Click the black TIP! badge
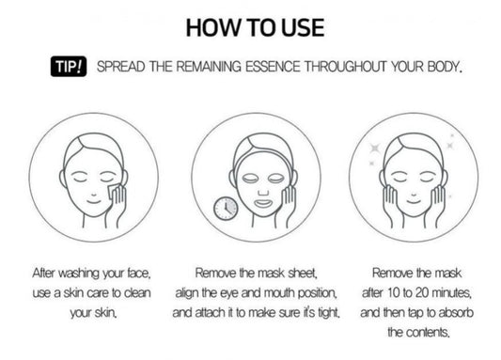[x=69, y=67]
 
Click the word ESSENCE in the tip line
[x=273, y=67]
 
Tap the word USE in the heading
[x=303, y=28]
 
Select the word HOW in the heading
[x=212, y=28]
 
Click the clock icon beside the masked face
[x=226, y=209]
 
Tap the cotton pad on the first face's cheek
[x=114, y=191]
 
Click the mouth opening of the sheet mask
[x=263, y=203]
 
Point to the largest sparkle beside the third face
[x=374, y=149]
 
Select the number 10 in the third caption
[x=395, y=293]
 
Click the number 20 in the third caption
[x=422, y=293]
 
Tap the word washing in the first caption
[x=79, y=274]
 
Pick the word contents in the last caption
[x=427, y=333]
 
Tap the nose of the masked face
[x=263, y=192]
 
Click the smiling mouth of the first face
[x=94, y=201]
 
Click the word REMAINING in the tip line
[x=209, y=67]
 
